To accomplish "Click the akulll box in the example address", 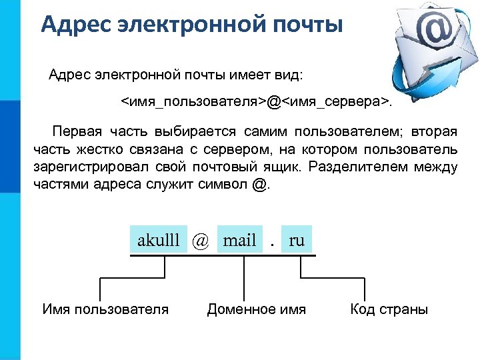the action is pos(158,241).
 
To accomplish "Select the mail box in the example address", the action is pos(239,241).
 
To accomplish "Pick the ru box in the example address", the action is pos(297,241).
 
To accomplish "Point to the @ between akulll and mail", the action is pos(200,241).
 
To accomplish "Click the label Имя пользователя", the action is pos(105,309).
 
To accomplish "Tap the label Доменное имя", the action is pos(257,309).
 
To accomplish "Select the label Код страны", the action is pos(389,309).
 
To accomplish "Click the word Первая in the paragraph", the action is pos(78,129).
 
